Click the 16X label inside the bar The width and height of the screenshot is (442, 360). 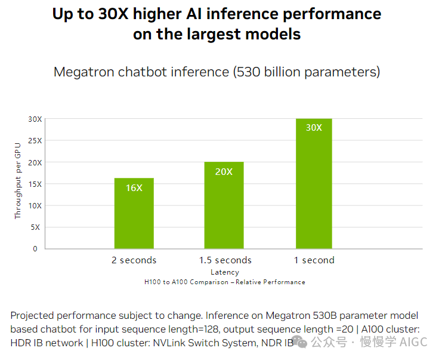(x=134, y=188)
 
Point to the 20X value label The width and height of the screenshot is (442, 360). (x=224, y=172)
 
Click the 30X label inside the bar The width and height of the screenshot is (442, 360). (x=314, y=128)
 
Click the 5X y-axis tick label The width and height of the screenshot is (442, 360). (x=37, y=227)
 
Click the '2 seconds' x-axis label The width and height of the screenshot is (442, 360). (x=134, y=260)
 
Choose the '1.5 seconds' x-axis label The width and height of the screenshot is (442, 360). (x=225, y=260)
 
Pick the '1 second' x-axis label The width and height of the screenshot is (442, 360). (x=314, y=260)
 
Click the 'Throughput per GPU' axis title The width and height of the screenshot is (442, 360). (x=17, y=180)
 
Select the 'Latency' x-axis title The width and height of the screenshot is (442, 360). (x=225, y=272)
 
